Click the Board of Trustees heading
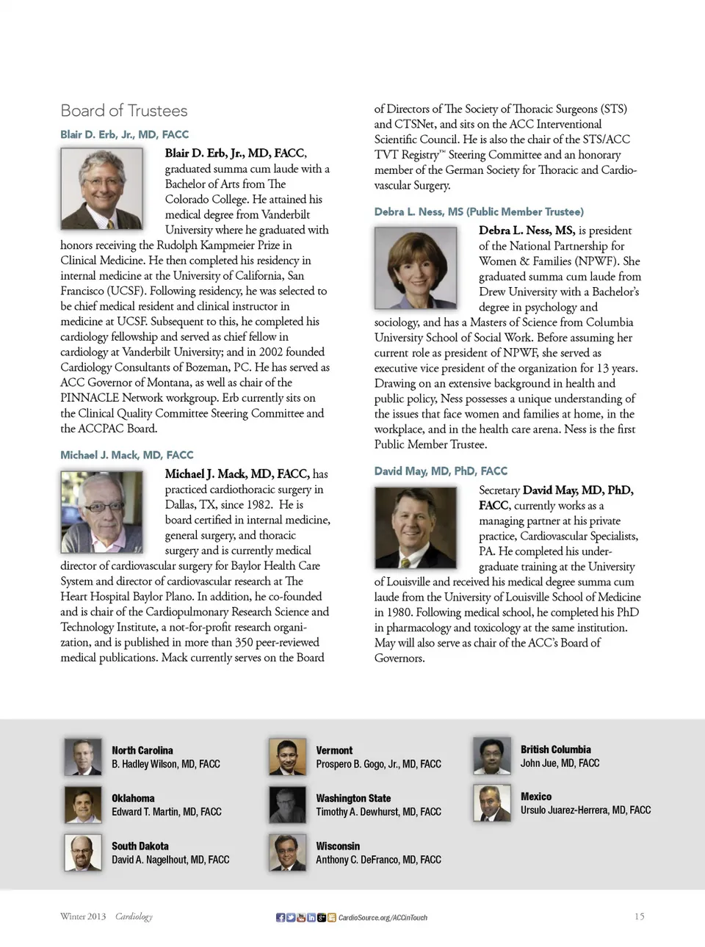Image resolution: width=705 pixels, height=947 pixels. click(123, 111)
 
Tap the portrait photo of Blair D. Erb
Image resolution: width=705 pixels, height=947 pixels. click(101, 189)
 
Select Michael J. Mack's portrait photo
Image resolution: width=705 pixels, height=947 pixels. click(101, 512)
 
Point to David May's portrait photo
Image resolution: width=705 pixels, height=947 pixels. click(416, 528)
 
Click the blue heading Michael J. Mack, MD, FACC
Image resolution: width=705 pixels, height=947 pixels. click(126, 455)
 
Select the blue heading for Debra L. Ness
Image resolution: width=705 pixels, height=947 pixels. click(479, 211)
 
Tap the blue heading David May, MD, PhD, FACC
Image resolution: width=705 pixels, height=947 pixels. click(441, 471)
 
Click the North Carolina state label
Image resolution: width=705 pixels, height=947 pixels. click(142, 750)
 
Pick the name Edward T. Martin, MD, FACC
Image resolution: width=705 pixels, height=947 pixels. click(166, 812)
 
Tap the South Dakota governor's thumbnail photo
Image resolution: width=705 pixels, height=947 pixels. click(83, 853)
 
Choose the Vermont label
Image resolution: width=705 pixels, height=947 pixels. click(334, 750)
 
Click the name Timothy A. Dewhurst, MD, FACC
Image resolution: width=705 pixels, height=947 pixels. click(378, 812)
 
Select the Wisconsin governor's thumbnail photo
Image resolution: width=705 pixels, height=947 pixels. click(287, 853)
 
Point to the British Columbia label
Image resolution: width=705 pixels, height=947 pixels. click(555, 750)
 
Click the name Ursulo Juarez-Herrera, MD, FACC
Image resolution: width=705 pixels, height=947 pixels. click(585, 810)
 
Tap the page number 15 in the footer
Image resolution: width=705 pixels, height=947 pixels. click(639, 916)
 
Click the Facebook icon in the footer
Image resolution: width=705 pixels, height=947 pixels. click(281, 918)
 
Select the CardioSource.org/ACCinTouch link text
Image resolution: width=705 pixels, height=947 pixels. click(383, 918)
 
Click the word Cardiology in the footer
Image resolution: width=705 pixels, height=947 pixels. click(134, 916)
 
